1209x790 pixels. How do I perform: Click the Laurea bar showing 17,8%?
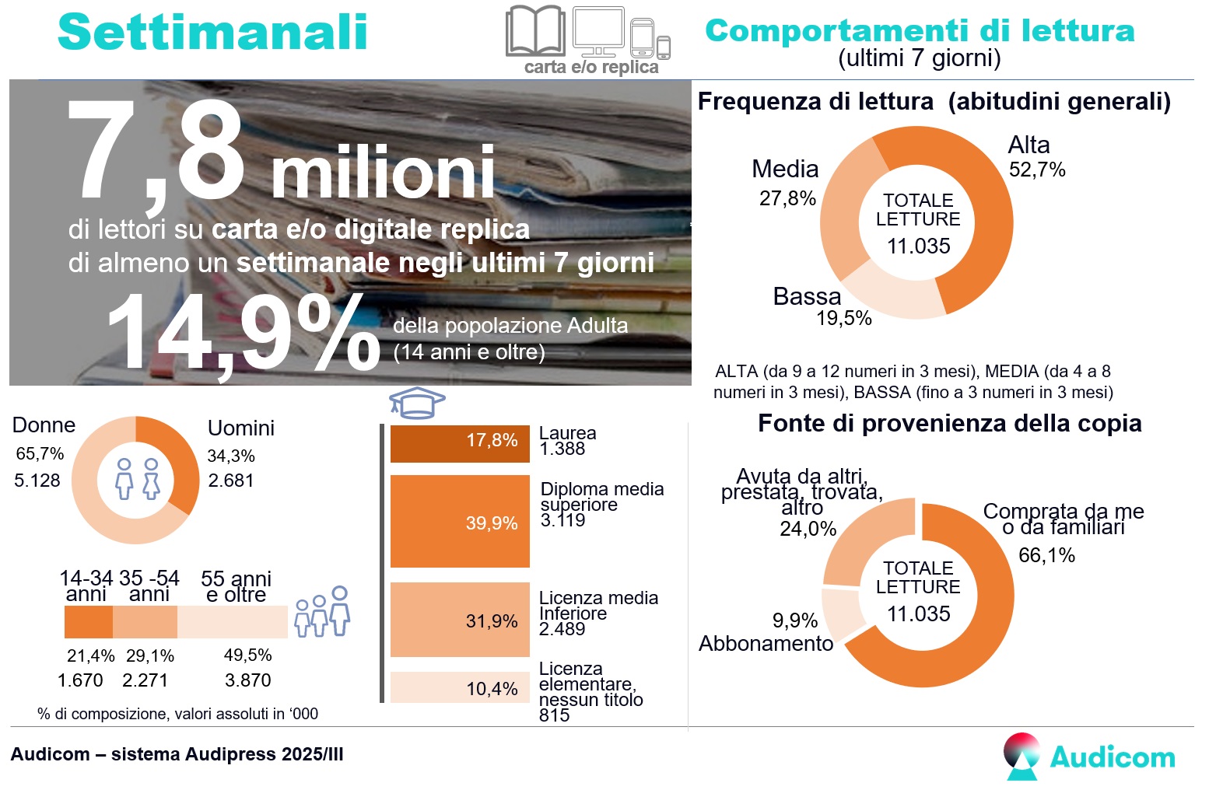pos(459,443)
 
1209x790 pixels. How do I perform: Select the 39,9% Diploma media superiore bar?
pos(459,521)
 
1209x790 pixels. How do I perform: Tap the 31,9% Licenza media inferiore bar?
pos(459,620)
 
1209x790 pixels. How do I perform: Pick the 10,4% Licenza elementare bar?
pos(459,687)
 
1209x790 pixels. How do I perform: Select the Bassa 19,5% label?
pos(817,306)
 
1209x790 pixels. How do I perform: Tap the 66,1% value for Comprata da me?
pos(1046,555)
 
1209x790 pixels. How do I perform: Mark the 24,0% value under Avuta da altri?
pos(808,529)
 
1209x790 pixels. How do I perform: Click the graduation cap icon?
pos(417,401)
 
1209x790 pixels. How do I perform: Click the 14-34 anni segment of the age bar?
pos(88,622)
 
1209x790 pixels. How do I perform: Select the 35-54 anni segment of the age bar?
pos(145,622)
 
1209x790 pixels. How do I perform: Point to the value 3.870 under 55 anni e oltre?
pos(247,680)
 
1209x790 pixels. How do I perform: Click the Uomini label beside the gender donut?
pos(240,428)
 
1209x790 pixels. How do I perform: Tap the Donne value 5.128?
pos(37,481)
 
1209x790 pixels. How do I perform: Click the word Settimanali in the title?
pos(212,33)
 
